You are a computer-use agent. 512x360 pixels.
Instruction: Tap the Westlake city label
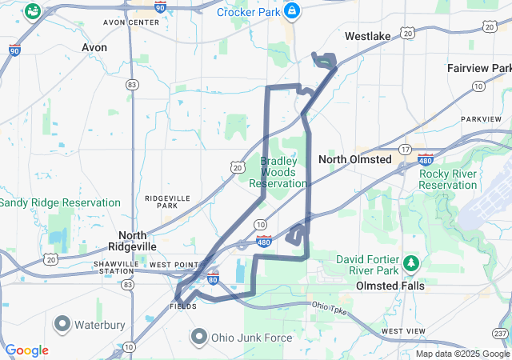pyautogui.click(x=368, y=36)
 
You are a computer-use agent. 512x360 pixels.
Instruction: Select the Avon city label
pyautogui.click(x=94, y=48)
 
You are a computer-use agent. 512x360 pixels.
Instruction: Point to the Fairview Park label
pyautogui.click(x=479, y=69)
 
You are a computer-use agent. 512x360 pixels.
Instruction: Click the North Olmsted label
pyautogui.click(x=355, y=160)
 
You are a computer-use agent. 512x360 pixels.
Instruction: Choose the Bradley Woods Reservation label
pyautogui.click(x=278, y=172)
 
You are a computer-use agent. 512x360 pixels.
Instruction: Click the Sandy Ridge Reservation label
pyautogui.click(x=60, y=203)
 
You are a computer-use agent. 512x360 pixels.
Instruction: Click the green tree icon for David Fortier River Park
pyautogui.click(x=412, y=263)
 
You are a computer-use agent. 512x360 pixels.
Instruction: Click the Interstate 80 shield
pyautogui.click(x=212, y=278)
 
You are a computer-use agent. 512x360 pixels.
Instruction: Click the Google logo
pyautogui.click(x=26, y=350)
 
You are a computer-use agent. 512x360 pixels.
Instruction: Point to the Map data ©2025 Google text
pyautogui.click(x=462, y=354)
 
